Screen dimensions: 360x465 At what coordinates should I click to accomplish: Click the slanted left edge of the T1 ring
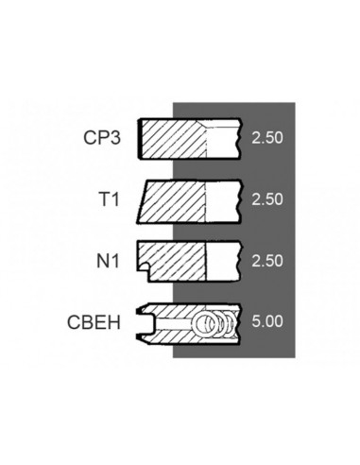pyautogui.click(x=142, y=199)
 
